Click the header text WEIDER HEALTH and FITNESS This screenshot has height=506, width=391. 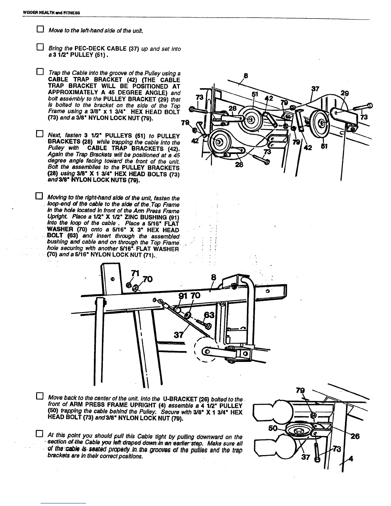click(x=51, y=13)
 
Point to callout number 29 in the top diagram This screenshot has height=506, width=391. click(x=345, y=94)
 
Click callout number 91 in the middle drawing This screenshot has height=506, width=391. click(x=182, y=296)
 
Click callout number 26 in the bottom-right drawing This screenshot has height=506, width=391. click(x=355, y=436)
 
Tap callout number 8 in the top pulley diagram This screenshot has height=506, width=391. click(x=246, y=76)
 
